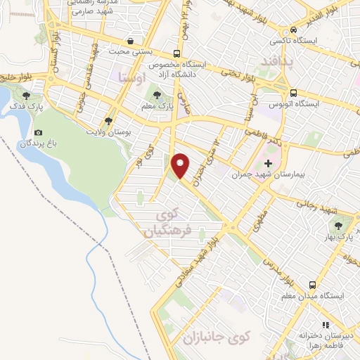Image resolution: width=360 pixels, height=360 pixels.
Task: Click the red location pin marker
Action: [181, 165]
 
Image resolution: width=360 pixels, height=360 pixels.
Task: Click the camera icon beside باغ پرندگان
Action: [38, 133]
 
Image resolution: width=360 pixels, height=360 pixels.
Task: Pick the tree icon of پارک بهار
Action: [340, 225]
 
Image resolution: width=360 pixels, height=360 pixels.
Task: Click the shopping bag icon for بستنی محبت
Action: [131, 41]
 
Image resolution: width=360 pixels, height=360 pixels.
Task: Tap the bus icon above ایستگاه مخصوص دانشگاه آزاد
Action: [176, 53]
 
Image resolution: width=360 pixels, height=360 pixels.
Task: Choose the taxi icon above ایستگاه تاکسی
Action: [293, 30]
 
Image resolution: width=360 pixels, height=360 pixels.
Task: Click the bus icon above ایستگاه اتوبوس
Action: [293, 93]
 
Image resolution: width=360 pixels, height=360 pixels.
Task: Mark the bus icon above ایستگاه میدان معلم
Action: [311, 285]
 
